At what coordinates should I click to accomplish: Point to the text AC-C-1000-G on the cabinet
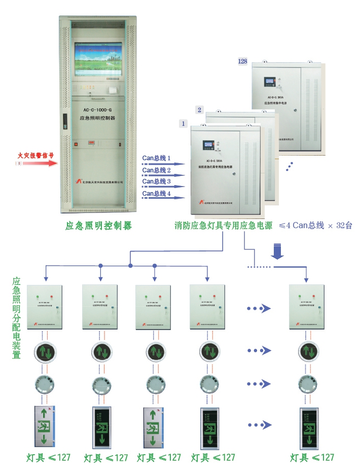(x=98, y=108)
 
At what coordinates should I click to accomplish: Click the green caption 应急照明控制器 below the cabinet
(x=98, y=226)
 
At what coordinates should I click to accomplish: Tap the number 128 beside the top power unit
(x=242, y=61)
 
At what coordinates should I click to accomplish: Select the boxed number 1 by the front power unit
(x=184, y=123)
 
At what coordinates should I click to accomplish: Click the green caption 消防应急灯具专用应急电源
(x=223, y=226)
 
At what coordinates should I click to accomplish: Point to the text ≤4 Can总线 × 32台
(x=315, y=226)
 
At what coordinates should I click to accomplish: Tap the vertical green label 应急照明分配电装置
(x=16, y=318)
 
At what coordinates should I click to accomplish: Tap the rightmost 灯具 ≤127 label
(x=312, y=458)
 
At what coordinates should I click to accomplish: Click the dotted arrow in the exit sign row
(x=259, y=425)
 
